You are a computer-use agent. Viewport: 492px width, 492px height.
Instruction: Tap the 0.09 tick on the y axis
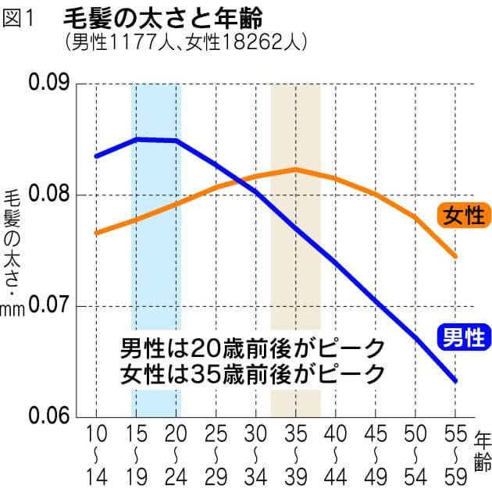tap(49, 84)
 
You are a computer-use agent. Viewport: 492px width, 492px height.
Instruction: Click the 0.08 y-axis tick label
tap(49, 194)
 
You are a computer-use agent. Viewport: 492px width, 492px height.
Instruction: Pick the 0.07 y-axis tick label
tap(49, 305)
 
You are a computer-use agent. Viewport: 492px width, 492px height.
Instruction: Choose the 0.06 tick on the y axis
tap(49, 415)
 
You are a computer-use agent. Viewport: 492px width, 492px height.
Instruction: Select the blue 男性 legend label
tap(466, 337)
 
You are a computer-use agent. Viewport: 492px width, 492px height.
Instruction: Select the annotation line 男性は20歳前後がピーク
tap(253, 347)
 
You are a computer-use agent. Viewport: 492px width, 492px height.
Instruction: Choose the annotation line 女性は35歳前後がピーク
tap(253, 373)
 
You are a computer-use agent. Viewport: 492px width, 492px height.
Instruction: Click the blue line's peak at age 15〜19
tap(137, 139)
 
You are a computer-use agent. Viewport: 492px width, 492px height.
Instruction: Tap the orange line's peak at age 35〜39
tap(295, 169)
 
